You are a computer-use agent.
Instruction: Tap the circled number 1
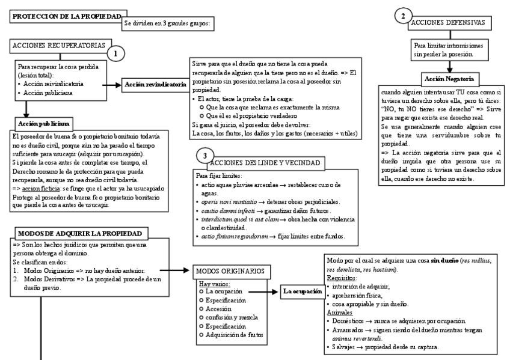[115, 53]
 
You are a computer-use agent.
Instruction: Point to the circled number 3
[204, 156]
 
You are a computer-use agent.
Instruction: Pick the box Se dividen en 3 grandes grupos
[168, 24]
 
